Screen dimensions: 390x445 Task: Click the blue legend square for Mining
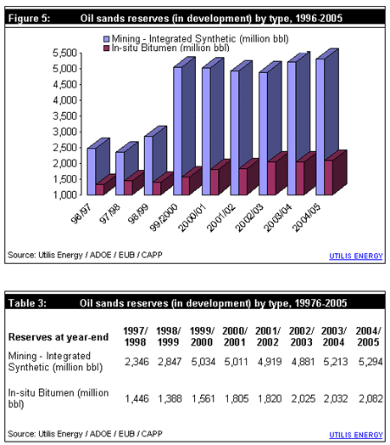coord(106,39)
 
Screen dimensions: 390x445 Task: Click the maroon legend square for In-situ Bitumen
coord(106,48)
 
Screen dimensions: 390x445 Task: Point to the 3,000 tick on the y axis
coord(81,132)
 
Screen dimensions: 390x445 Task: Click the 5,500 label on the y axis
coord(65,53)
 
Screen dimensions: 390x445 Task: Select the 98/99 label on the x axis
coord(138,213)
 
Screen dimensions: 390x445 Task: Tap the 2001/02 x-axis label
coord(221,217)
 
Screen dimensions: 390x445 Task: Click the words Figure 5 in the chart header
coord(29,19)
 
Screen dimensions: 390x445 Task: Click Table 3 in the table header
coord(27,303)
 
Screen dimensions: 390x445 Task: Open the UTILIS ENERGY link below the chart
coord(356,256)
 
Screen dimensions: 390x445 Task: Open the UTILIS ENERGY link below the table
coord(356,435)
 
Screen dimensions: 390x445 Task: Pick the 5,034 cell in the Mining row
coord(203,362)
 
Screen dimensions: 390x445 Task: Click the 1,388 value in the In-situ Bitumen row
coord(170,399)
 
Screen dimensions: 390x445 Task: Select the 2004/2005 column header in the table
coord(369,336)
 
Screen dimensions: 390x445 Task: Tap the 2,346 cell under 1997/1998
coord(136,362)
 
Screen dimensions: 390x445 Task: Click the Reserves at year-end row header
coord(58,337)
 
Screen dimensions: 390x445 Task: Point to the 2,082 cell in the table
coord(370,399)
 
